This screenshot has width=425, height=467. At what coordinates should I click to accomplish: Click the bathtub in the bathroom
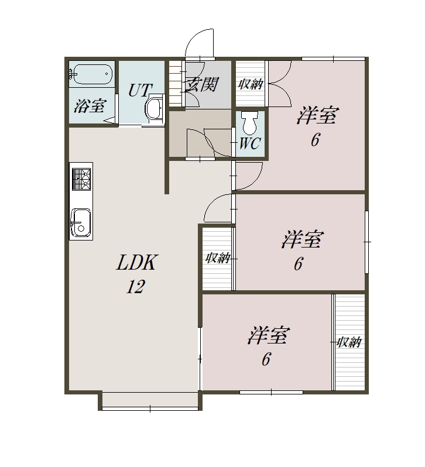click(x=92, y=74)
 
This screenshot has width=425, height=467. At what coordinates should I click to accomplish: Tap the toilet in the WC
click(x=249, y=123)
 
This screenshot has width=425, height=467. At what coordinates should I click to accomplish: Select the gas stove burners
click(x=81, y=179)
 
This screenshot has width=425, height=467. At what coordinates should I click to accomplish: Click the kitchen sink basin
click(x=80, y=222)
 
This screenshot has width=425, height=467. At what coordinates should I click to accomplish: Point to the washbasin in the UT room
click(x=155, y=109)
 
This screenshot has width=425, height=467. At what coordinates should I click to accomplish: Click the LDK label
click(x=136, y=262)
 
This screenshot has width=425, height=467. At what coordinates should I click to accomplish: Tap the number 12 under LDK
click(x=135, y=287)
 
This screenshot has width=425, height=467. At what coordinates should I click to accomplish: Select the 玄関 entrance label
click(x=201, y=85)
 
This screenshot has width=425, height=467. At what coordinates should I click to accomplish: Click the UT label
click(x=140, y=90)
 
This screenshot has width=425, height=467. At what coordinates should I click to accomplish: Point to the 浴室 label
click(x=90, y=105)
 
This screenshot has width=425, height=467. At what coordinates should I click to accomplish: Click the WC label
click(x=250, y=143)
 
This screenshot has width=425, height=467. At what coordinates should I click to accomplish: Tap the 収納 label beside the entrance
click(x=251, y=84)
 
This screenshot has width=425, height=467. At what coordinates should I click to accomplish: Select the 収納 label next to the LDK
click(x=218, y=257)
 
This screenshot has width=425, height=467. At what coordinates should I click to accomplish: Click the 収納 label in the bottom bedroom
click(x=349, y=342)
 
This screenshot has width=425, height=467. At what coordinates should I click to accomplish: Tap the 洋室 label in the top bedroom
click(x=317, y=115)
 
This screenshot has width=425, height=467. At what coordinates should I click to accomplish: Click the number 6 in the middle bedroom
click(x=299, y=264)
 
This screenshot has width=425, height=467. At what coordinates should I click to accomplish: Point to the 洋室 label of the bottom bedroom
click(x=268, y=335)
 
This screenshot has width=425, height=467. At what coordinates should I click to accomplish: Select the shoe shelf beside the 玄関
click(x=176, y=83)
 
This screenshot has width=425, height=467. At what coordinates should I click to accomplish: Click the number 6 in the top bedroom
click(x=316, y=139)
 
